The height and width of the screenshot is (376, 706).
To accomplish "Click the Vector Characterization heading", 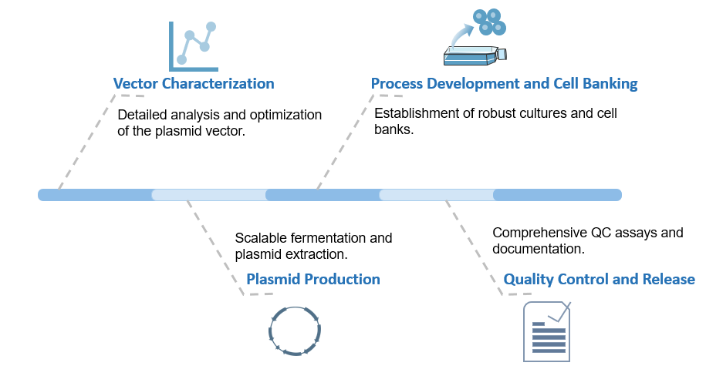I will tap(193, 83).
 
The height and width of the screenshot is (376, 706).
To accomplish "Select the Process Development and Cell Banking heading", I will tap(504, 83).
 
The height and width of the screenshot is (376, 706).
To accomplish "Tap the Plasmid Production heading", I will tap(312, 279).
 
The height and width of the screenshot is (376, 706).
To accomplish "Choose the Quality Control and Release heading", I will tap(599, 279).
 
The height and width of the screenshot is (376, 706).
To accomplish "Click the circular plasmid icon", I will tap(295, 331).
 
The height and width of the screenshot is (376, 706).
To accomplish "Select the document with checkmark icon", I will tap(546, 331).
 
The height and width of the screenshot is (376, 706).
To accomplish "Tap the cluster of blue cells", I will tap(488, 22).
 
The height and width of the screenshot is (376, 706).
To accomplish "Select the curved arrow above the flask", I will tap(463, 35).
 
